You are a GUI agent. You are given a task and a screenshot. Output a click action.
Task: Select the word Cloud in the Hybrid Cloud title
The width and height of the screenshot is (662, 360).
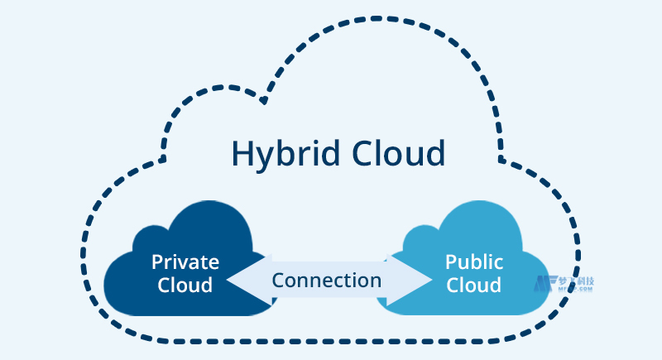[399, 154]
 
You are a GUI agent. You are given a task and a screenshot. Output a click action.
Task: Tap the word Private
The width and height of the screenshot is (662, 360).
[185, 262]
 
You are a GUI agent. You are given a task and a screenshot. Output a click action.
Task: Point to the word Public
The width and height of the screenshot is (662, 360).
[474, 262]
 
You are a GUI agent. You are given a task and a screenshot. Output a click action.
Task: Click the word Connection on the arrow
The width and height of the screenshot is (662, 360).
[327, 280]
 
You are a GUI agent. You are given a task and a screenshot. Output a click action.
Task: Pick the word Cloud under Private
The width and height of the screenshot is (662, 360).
[185, 286]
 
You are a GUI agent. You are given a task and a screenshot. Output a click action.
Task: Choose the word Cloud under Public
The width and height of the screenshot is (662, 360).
[474, 286]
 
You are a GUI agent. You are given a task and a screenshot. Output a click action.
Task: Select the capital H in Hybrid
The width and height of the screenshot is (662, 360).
[242, 154]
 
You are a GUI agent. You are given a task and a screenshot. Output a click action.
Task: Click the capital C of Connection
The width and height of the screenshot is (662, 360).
[278, 280]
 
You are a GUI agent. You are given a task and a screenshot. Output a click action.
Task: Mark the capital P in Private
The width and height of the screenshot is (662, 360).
[156, 262]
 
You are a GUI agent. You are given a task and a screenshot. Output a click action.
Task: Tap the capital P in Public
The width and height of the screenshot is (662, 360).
[451, 262]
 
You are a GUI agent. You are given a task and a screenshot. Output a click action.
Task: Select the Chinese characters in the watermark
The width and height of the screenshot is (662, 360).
[576, 281]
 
